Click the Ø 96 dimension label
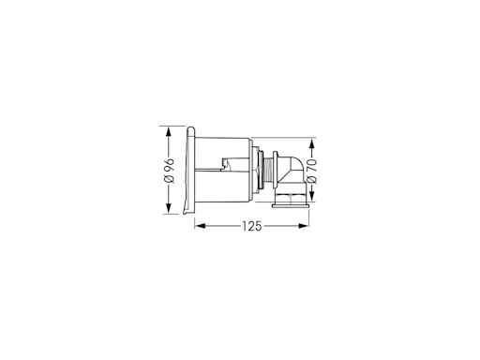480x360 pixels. tap(169, 171)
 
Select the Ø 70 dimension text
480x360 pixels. tap(312, 172)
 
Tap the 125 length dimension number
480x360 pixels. tap(252, 226)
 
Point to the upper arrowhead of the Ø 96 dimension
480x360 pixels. tap(169, 132)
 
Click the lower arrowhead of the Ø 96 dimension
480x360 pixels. tap(169, 209)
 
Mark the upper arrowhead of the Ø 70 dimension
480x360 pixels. tap(311, 143)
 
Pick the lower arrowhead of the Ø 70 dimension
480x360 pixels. tap(311, 196)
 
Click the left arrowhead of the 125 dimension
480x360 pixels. tap(201, 226)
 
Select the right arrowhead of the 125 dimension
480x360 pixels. tap(304, 226)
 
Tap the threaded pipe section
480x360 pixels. tap(268, 170)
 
